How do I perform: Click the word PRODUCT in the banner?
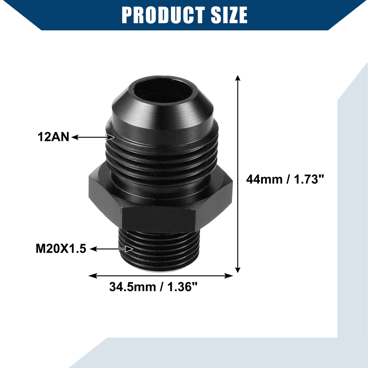(x=163, y=15)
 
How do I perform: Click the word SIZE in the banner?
(x=229, y=15)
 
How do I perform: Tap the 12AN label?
(x=53, y=137)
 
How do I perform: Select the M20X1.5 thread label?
(x=61, y=249)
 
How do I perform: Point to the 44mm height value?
(x=264, y=179)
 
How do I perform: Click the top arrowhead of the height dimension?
(x=238, y=78)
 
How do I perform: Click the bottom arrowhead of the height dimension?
(x=238, y=270)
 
